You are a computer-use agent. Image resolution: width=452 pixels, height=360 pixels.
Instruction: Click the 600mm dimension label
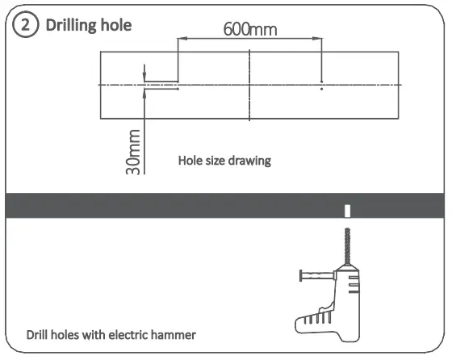point(249,30)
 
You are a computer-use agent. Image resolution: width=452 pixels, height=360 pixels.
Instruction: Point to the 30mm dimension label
point(135,151)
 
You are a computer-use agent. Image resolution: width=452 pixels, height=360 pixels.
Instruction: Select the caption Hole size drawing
point(224,161)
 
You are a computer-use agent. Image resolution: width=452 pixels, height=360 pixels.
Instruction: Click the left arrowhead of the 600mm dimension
point(182,39)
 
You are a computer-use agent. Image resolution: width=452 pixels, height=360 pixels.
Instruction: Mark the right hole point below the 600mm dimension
point(321,88)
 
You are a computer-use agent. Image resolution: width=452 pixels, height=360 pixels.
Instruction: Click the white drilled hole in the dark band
point(347,211)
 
